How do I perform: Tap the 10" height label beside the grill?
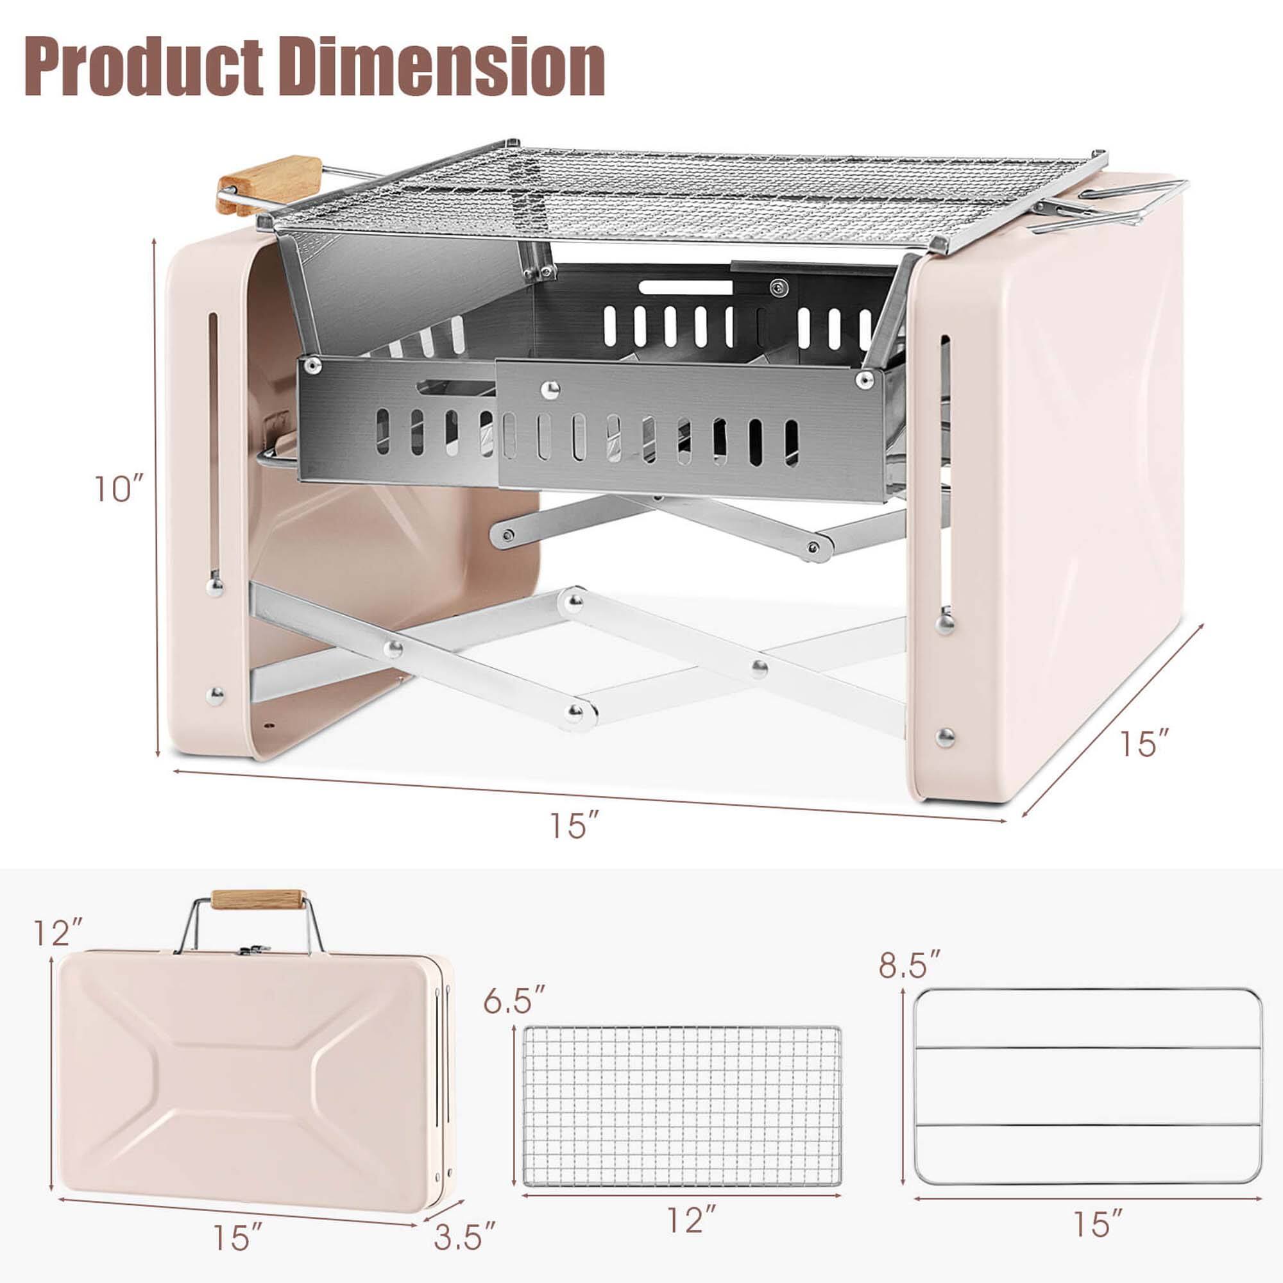(119, 489)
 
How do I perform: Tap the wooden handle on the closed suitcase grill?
(259, 901)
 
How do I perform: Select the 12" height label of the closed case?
(60, 933)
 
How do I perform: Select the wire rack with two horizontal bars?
(1087, 1085)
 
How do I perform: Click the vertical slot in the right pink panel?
(944, 472)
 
